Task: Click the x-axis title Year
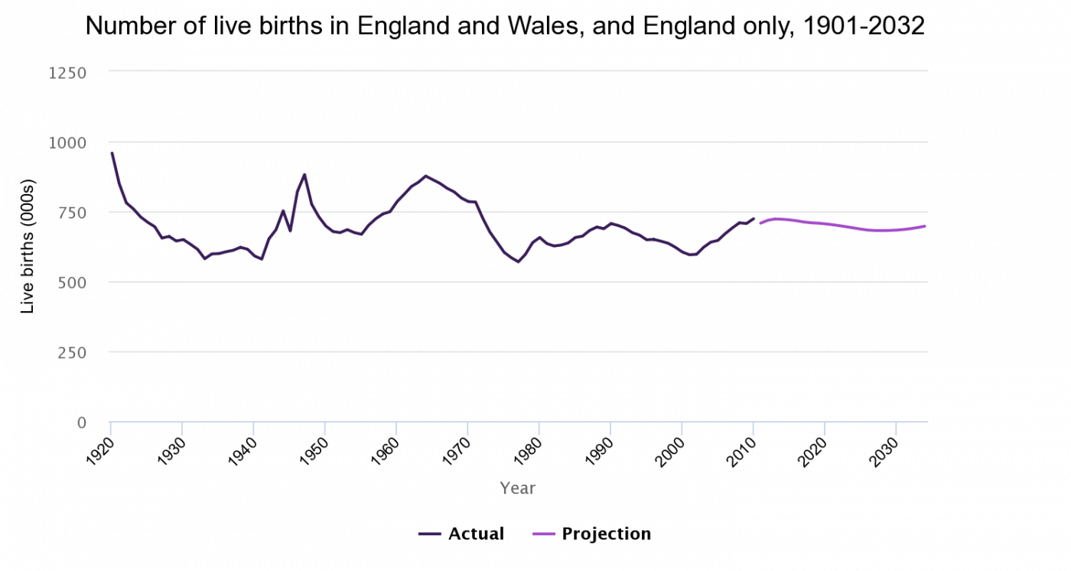[x=518, y=488]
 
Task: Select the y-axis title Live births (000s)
[x=28, y=247]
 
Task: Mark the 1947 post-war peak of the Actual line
[x=304, y=174]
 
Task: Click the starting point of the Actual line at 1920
[x=112, y=153]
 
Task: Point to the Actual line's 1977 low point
[x=518, y=261]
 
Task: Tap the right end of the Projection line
[x=925, y=225]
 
